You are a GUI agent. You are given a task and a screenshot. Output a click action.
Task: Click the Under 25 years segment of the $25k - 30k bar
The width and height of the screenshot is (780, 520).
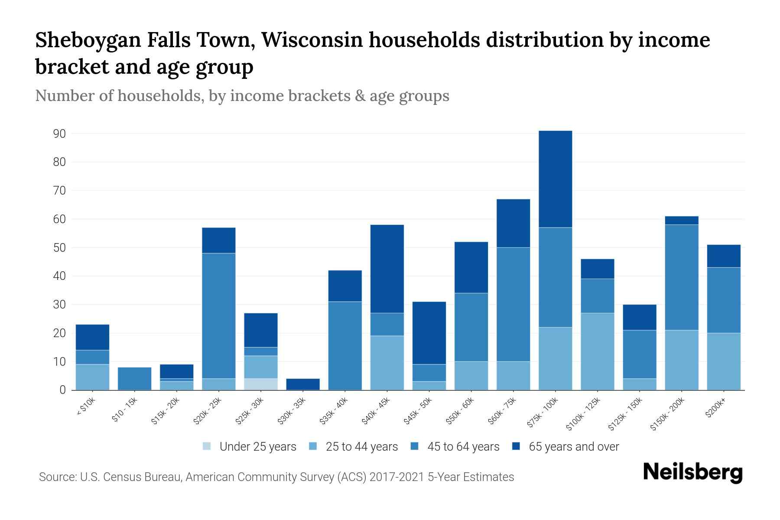(x=261, y=384)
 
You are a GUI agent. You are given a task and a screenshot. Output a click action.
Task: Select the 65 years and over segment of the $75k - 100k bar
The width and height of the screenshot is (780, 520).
(x=555, y=179)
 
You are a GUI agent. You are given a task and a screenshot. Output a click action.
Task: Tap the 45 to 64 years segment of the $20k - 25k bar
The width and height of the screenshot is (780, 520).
(x=219, y=315)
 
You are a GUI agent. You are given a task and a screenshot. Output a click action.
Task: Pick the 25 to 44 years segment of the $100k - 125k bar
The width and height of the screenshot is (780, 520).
(x=597, y=351)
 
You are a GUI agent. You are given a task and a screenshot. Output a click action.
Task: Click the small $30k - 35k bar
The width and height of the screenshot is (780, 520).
(x=303, y=384)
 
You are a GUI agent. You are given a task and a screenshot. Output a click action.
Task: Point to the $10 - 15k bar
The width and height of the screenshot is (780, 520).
(x=134, y=378)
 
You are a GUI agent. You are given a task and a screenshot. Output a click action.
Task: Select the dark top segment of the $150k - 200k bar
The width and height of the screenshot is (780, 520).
(x=681, y=220)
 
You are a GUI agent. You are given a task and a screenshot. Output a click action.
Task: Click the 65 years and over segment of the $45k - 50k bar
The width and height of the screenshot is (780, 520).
(x=429, y=333)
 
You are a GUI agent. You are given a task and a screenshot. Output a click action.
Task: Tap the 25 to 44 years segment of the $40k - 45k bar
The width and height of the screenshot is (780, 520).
(x=387, y=363)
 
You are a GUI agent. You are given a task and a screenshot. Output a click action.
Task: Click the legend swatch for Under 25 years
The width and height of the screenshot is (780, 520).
(x=207, y=446)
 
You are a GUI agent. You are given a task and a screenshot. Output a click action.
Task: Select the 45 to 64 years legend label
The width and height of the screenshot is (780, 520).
(x=463, y=447)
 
